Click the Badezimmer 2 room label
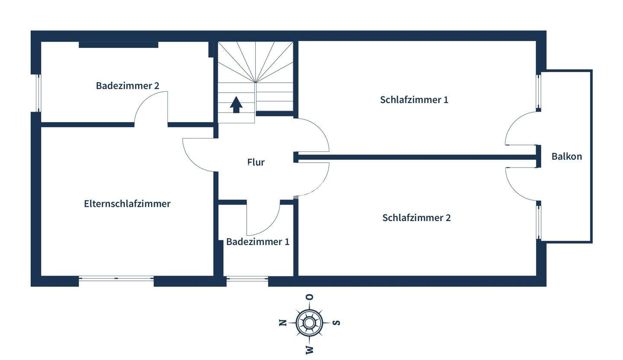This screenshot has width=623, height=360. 128,86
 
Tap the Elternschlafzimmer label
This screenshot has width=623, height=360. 127,204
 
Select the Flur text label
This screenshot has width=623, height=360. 256,162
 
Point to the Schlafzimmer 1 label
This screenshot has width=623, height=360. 414,100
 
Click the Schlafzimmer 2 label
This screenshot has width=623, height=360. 416,218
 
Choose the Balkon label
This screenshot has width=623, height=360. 566,157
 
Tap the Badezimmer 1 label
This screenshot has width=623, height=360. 257,242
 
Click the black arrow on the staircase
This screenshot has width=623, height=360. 236,104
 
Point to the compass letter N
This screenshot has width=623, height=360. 283,323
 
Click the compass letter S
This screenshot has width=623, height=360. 337,323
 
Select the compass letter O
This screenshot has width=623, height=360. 310,297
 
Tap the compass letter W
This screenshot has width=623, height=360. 310,350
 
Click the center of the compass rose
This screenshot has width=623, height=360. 309,323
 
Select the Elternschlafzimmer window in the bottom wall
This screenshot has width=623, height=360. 116,279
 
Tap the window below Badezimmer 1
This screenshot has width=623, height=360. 247,280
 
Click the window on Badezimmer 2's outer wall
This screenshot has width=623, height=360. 38,93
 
